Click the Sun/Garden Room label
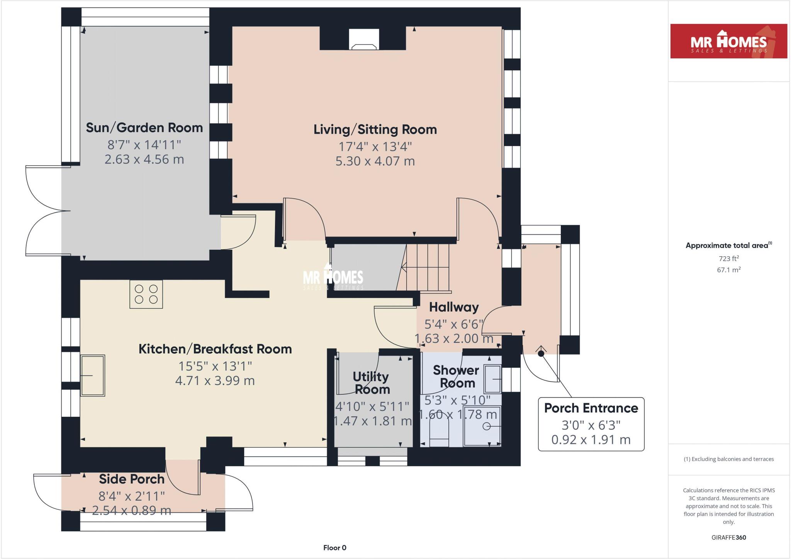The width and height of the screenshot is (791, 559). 144,128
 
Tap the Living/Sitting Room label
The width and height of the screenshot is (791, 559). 375,130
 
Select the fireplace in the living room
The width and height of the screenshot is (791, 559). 363,40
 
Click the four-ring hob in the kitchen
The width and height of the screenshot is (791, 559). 146,294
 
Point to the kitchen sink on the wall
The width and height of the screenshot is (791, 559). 93,375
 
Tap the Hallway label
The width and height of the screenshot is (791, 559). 454,307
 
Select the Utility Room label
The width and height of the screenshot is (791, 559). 371,383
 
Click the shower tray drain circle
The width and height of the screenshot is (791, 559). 487,426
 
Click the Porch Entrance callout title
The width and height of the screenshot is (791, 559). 591,408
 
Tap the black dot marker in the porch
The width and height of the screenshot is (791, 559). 541,353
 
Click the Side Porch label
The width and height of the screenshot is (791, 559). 132,479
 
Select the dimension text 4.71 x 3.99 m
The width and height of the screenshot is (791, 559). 215,381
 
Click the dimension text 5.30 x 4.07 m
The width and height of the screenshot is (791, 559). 375,161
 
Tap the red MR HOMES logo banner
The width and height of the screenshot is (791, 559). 728,41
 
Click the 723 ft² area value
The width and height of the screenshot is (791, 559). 728,259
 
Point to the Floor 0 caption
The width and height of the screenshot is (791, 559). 335,548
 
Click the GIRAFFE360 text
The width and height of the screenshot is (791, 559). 728,537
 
